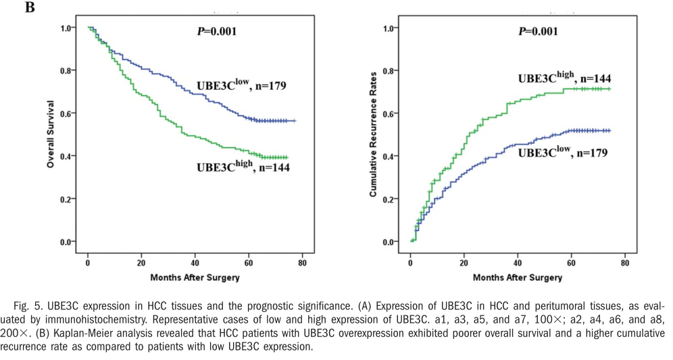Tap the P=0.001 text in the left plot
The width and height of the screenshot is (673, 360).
click(217, 31)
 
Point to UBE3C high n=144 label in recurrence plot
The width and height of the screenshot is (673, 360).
click(564, 78)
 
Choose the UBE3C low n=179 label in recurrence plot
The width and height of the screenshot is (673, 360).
click(563, 153)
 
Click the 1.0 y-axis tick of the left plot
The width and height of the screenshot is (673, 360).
click(66, 28)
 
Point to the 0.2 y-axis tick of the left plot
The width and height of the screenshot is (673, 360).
click(66, 199)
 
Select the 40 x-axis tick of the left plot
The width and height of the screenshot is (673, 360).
click(195, 262)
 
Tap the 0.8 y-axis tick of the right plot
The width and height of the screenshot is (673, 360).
click(389, 71)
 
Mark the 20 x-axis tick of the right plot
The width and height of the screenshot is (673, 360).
click(464, 262)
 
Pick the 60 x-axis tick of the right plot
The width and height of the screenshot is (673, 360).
click(571, 262)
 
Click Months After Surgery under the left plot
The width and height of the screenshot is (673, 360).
click(195, 277)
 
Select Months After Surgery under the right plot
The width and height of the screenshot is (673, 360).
click(518, 277)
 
